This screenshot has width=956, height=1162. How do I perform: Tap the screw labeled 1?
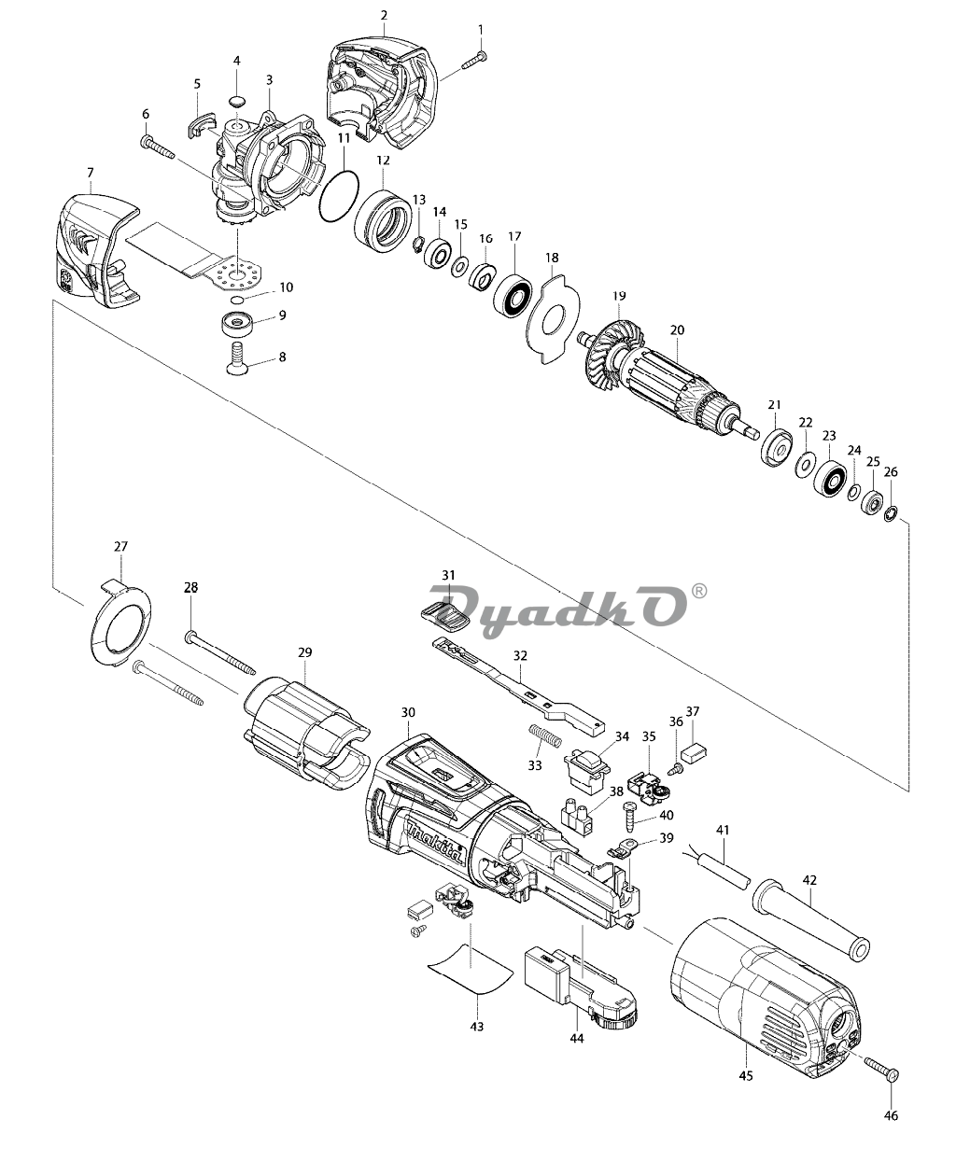474,60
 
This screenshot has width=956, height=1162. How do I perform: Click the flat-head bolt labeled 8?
237,357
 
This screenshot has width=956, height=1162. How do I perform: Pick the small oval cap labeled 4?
237,102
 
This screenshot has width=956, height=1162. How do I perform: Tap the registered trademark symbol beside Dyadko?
698,591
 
